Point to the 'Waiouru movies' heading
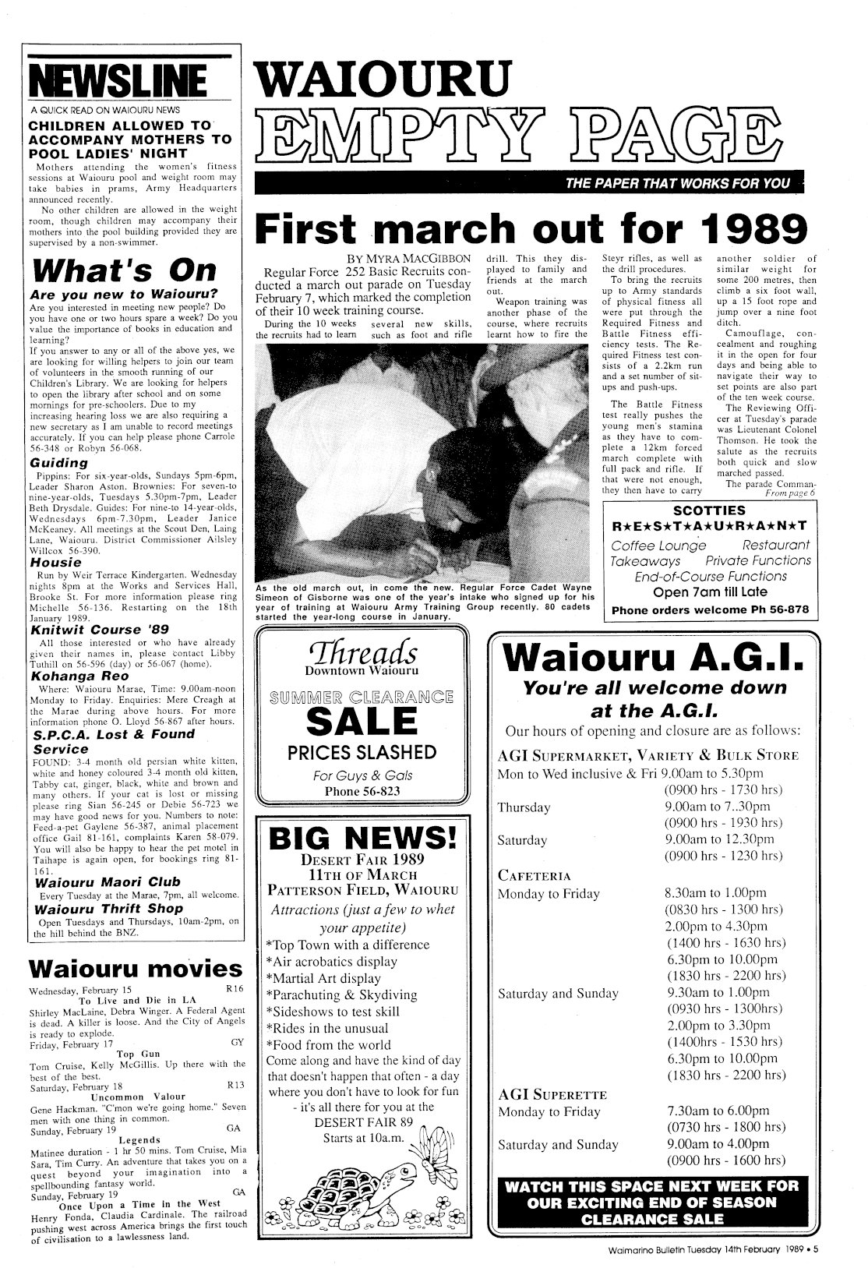click(x=134, y=969)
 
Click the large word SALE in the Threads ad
click(x=362, y=719)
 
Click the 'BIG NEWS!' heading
click(x=362, y=839)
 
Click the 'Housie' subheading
click(x=55, y=562)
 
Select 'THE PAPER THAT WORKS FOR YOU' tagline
click(x=678, y=183)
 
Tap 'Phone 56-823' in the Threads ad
click(x=362, y=792)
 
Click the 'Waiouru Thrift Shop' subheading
click(x=109, y=909)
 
